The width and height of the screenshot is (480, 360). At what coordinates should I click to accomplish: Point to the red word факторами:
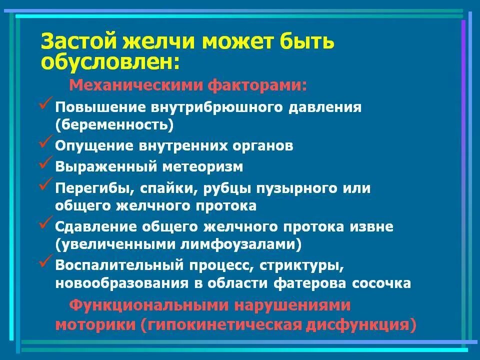(x=256, y=85)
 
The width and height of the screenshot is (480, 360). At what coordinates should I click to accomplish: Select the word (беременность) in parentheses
(x=114, y=124)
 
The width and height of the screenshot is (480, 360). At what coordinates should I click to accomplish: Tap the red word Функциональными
(x=148, y=305)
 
